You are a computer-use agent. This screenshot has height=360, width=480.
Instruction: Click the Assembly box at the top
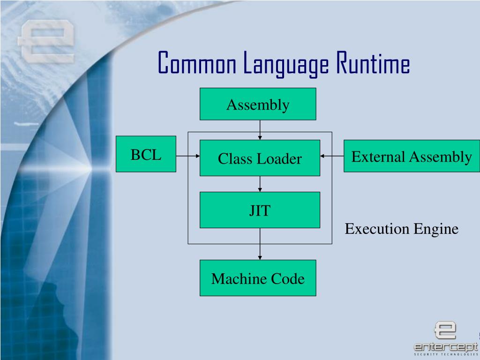(258, 104)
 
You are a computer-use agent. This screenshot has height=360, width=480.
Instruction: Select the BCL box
(146, 154)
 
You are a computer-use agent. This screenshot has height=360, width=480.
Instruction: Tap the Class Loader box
(260, 158)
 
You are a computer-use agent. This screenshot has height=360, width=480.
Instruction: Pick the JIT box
(260, 210)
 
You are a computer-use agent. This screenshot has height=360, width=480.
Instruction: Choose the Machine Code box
(258, 278)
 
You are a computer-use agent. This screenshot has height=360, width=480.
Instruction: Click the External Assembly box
(412, 156)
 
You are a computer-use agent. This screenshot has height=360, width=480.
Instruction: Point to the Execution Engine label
(401, 229)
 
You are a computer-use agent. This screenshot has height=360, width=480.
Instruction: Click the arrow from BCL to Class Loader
(187, 156)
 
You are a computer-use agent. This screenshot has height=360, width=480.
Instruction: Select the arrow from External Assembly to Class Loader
(332, 156)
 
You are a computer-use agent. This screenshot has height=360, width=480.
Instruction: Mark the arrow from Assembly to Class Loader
(260, 129)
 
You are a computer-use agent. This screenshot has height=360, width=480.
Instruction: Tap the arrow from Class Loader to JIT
(260, 184)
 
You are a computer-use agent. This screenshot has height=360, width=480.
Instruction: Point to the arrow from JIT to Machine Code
(260, 244)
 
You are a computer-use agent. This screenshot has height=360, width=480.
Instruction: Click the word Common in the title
(197, 64)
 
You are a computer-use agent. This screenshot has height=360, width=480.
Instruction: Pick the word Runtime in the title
(372, 64)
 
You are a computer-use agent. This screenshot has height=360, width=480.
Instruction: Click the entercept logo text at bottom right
(445, 347)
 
